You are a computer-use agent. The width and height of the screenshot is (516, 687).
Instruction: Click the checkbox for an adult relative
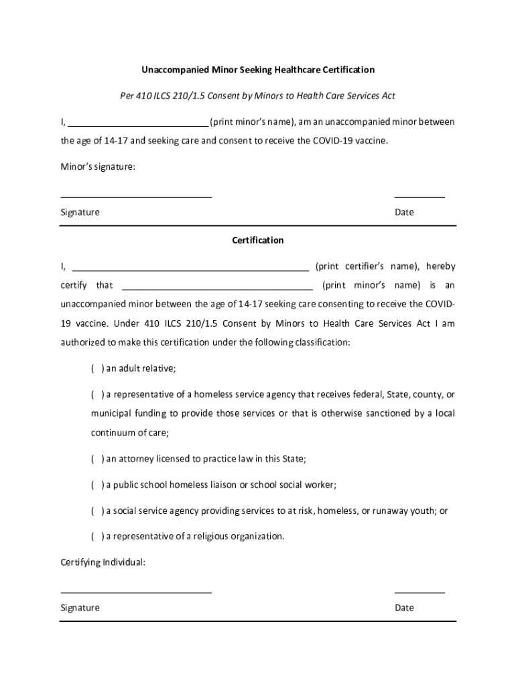click(97, 368)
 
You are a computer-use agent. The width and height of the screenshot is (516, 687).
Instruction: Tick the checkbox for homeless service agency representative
click(97, 394)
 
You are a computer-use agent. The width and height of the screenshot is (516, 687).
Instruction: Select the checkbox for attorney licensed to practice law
click(97, 459)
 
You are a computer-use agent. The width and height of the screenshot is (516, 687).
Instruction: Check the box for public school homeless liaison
click(97, 484)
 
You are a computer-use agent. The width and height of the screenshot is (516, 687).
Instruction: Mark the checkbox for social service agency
click(97, 511)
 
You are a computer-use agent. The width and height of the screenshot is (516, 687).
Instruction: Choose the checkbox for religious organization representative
click(97, 536)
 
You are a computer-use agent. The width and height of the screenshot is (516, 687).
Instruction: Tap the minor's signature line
click(136, 196)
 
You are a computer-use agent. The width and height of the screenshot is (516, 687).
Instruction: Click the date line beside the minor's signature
click(420, 196)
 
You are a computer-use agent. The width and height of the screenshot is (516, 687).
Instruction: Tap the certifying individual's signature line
click(136, 592)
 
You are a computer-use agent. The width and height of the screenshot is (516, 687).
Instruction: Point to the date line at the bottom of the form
click(420, 592)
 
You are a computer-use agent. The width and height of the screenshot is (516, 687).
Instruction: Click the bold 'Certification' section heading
click(258, 240)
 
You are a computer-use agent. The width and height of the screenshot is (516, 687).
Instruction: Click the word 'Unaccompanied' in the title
click(173, 70)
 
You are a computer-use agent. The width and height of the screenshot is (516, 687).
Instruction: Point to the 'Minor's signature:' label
click(98, 167)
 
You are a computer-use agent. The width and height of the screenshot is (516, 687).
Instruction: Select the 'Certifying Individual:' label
click(103, 562)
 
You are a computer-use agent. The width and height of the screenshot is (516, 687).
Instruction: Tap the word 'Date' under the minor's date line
click(404, 213)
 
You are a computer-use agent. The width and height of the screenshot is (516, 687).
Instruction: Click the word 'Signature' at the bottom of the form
click(80, 608)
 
